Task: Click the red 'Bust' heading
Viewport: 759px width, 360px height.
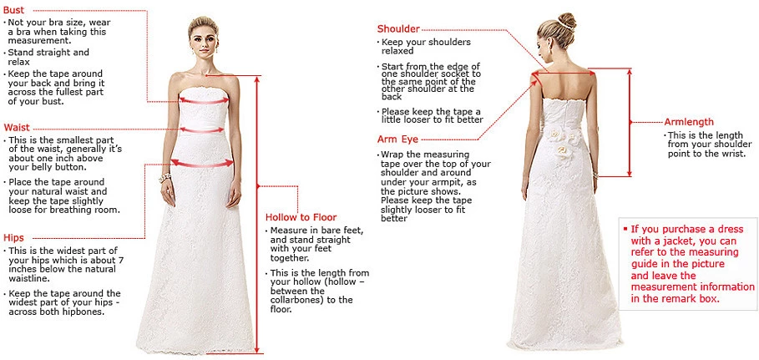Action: [13, 8]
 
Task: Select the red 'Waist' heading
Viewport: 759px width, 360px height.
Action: [17, 127]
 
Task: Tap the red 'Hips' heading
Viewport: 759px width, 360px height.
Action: [13, 237]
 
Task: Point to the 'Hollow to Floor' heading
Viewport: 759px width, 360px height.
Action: [301, 217]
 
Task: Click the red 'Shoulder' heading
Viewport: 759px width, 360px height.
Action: [398, 29]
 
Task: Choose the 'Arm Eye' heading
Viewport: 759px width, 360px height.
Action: [398, 139]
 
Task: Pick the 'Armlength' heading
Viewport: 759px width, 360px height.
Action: [690, 122]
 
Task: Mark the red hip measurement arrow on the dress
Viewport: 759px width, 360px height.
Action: [201, 164]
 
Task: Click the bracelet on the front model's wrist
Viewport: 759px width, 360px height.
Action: [164, 178]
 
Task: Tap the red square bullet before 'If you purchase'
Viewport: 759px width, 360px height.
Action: [625, 228]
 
